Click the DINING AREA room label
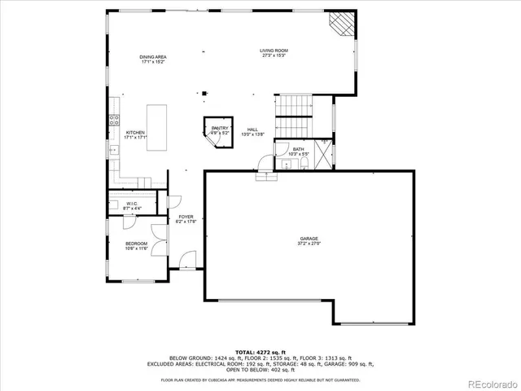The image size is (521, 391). (153, 56)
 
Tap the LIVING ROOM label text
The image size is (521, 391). (274, 51)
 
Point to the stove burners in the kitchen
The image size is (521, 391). (114, 121)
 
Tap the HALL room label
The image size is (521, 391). (252, 130)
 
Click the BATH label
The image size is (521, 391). (299, 149)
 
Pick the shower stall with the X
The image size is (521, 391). (324, 153)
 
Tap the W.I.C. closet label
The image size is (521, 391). (131, 204)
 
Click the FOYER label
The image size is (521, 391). (186, 217)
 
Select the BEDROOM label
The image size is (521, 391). (136, 244)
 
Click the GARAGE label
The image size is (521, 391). (309, 238)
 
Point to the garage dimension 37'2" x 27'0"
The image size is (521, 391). (309, 244)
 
